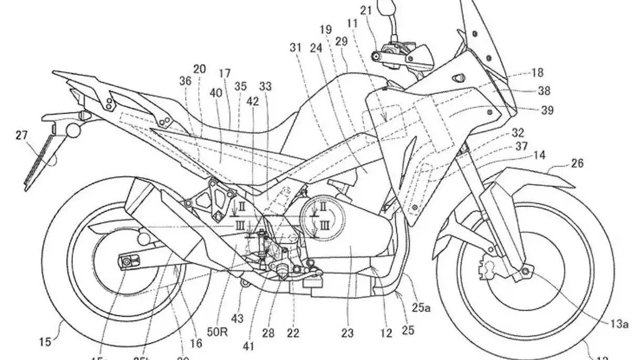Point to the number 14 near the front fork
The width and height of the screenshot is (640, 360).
[x=540, y=156]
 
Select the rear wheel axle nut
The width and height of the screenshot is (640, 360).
[x=128, y=261]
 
